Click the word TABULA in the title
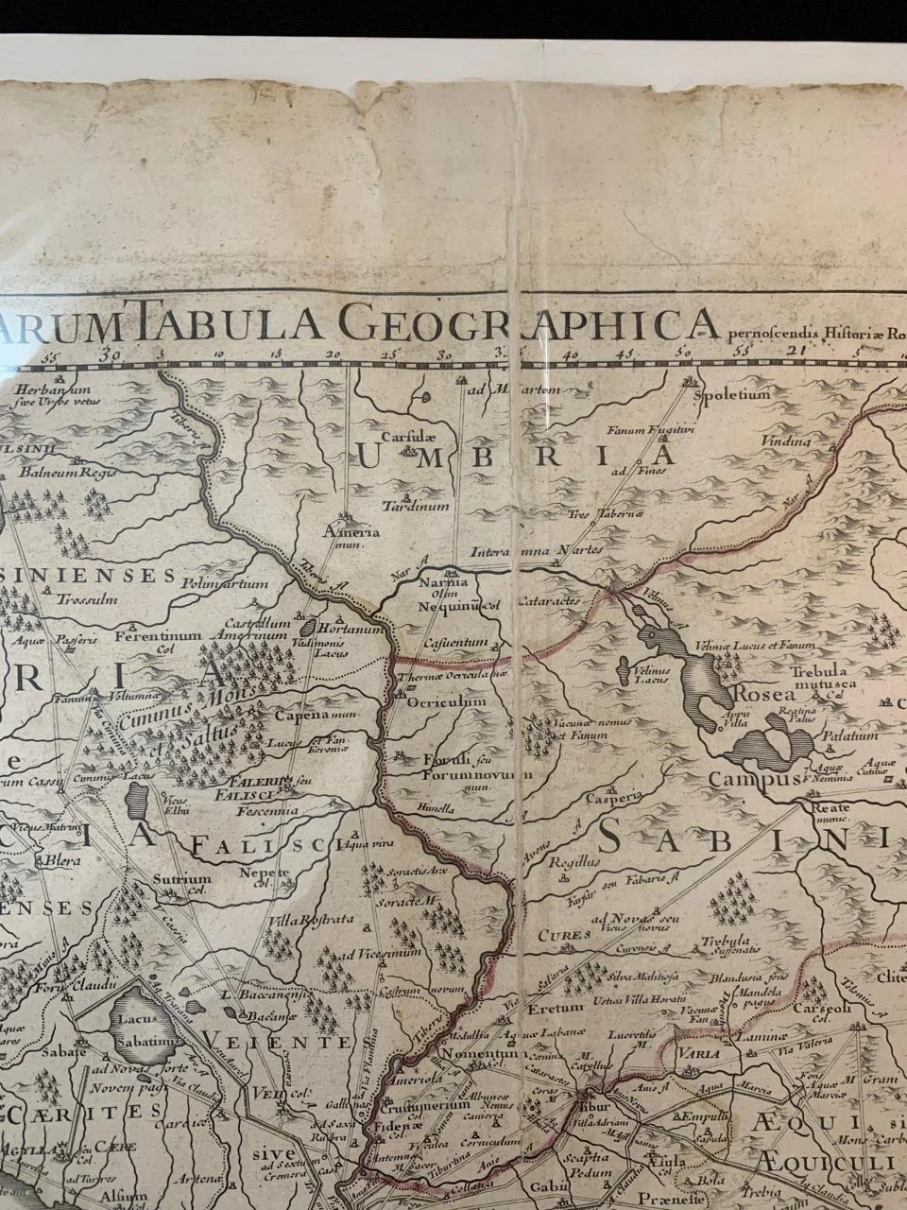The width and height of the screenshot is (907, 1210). [x=212, y=328]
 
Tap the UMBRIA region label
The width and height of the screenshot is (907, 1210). [x=516, y=456]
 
